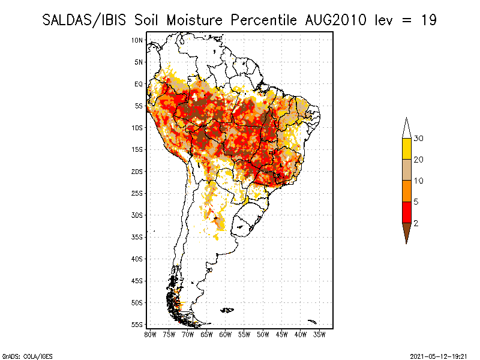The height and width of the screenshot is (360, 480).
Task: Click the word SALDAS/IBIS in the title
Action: (x=80, y=20)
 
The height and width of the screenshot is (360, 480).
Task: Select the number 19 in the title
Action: (x=428, y=20)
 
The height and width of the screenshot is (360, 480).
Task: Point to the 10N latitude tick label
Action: (x=137, y=40)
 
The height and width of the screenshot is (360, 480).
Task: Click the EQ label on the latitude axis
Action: (x=139, y=84)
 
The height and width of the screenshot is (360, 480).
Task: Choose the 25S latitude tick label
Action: (x=137, y=193)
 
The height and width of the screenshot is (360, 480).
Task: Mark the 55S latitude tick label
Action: (x=137, y=325)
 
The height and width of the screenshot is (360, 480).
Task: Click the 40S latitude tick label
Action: (x=137, y=259)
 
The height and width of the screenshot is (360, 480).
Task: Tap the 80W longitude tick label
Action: (x=151, y=334)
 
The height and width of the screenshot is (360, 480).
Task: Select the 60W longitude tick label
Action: (x=226, y=334)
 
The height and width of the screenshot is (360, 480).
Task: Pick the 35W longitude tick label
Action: (x=320, y=334)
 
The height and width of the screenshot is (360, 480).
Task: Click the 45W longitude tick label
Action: (x=282, y=334)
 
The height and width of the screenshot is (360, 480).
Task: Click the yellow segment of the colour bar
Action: (x=406, y=149)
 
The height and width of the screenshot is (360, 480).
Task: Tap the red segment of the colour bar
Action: (x=406, y=212)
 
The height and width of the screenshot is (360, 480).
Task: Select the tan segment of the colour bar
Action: (x=406, y=170)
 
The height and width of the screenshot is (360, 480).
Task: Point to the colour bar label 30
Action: (x=418, y=139)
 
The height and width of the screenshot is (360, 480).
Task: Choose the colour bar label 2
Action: (x=416, y=223)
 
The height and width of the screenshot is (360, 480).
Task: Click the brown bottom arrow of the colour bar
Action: (x=406, y=231)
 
